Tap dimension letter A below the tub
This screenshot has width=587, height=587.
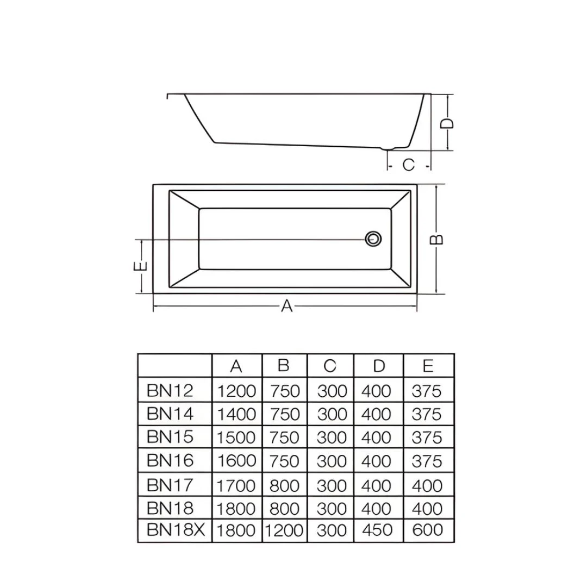287,306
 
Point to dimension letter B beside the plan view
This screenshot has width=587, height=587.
436,239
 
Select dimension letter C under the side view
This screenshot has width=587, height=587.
408,165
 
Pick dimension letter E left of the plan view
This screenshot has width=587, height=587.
140,266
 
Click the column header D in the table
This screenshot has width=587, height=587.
379,366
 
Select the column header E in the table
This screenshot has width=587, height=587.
428,366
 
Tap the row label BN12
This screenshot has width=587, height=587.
170,390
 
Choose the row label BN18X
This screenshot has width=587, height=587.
176,530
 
